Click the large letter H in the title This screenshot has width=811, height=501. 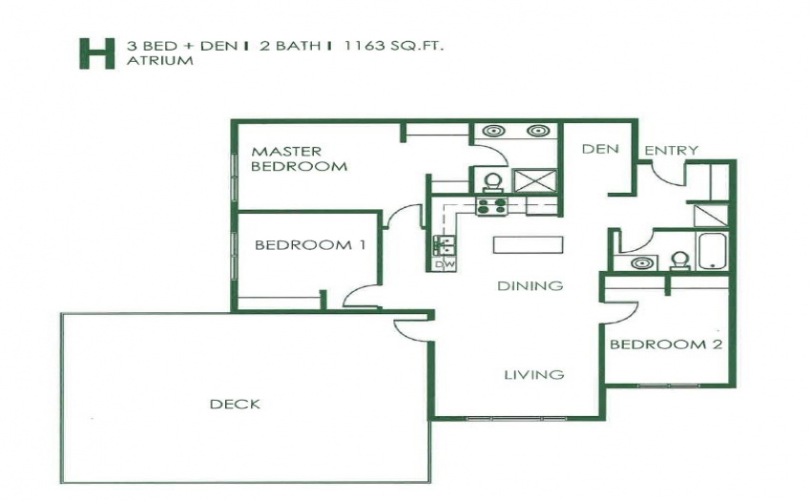pyautogui.click(x=96, y=53)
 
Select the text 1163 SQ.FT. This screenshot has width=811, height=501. pyautogui.click(x=395, y=46)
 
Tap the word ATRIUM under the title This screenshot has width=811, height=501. pyautogui.click(x=160, y=60)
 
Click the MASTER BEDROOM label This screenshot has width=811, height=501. pyautogui.click(x=299, y=159)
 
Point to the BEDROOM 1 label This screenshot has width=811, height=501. pyautogui.click(x=310, y=244)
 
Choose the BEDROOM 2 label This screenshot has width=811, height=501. pyautogui.click(x=666, y=344)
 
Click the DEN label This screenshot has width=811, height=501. pyautogui.click(x=600, y=149)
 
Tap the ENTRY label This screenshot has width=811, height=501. pyautogui.click(x=672, y=150)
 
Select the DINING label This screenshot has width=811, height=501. pyautogui.click(x=530, y=285)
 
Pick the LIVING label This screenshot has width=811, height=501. pyautogui.click(x=534, y=374)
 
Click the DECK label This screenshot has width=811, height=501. pyautogui.click(x=235, y=404)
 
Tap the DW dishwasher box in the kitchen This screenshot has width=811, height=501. pyautogui.click(x=445, y=264)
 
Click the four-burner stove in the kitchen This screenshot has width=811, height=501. pyautogui.click(x=491, y=206)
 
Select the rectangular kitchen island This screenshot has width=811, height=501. pyautogui.click(x=528, y=245)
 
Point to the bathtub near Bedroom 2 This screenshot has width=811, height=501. pyautogui.click(x=713, y=252)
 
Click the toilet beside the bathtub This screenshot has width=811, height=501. pyautogui.click(x=680, y=261)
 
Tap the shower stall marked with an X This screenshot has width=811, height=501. pyautogui.click(x=535, y=181)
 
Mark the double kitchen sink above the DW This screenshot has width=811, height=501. pyautogui.click(x=445, y=245)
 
